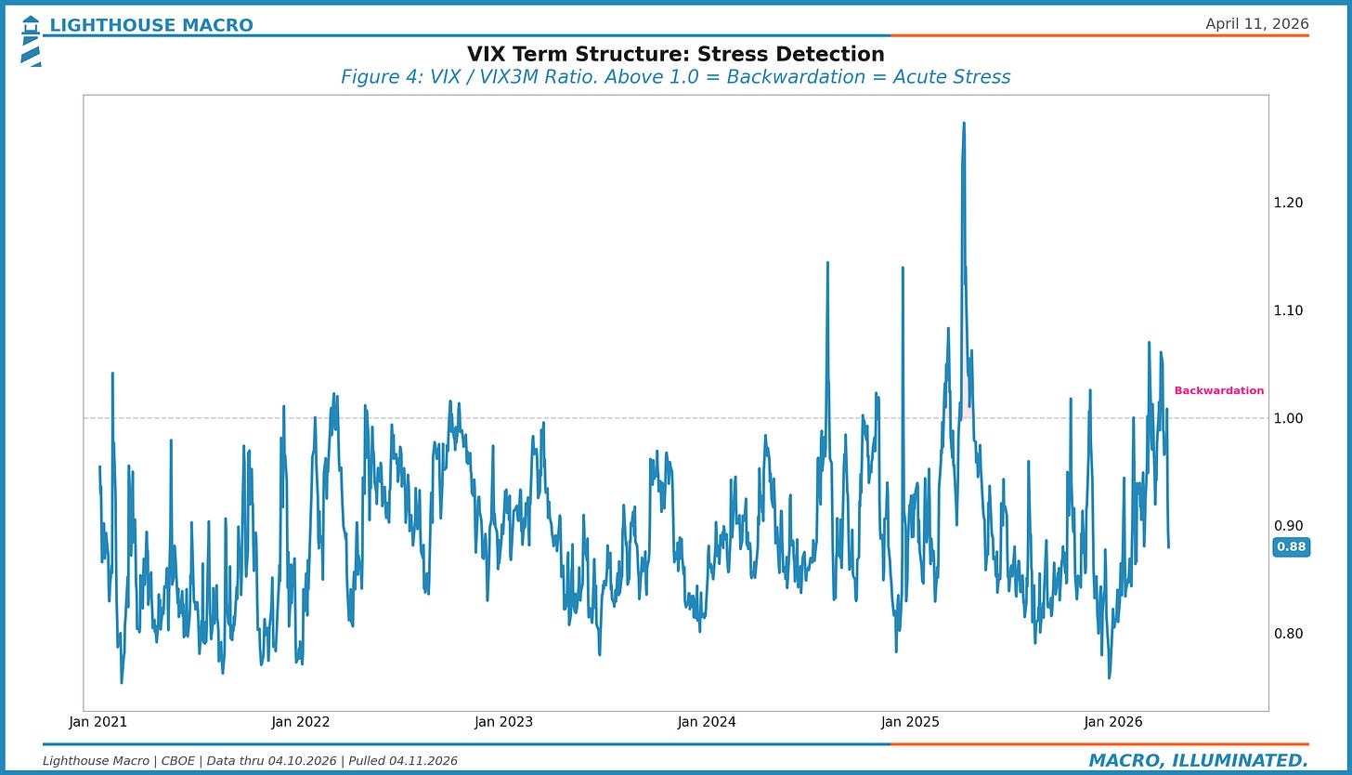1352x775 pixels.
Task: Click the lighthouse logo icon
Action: [x=31, y=40]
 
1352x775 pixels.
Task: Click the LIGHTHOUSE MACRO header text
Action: [x=150, y=25]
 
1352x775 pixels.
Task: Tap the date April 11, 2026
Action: [x=1256, y=24]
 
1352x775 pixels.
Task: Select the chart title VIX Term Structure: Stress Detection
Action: [x=675, y=54]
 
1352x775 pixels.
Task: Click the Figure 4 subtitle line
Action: [x=675, y=77]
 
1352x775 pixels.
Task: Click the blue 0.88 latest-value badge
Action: [x=1291, y=546]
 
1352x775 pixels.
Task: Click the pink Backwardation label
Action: [x=1218, y=391]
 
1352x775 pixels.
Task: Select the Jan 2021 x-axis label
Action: [x=97, y=722]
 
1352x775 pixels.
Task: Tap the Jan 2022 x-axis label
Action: [x=300, y=722]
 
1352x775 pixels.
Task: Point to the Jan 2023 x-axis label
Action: [x=503, y=722]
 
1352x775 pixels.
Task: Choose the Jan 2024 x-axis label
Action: [x=707, y=722]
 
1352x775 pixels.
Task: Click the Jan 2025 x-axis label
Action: [x=910, y=722]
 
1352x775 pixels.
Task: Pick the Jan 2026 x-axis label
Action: [x=1112, y=722]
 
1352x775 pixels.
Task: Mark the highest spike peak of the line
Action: [x=964, y=124]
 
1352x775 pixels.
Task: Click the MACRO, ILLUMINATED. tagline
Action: [x=1198, y=761]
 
